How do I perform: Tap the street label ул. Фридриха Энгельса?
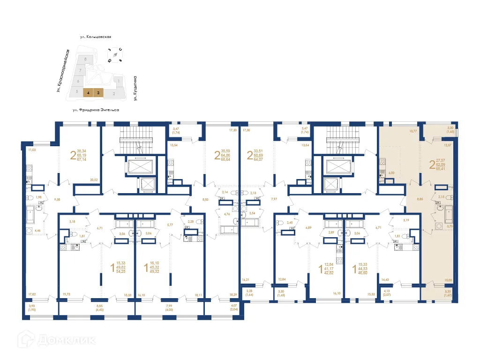click(x=96, y=110)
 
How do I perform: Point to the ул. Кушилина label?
click(x=135, y=89)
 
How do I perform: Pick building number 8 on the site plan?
click(x=85, y=59)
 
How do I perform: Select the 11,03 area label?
click(x=32, y=150)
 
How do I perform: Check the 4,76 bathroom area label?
click(x=226, y=215)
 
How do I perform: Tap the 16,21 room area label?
click(x=246, y=280)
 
